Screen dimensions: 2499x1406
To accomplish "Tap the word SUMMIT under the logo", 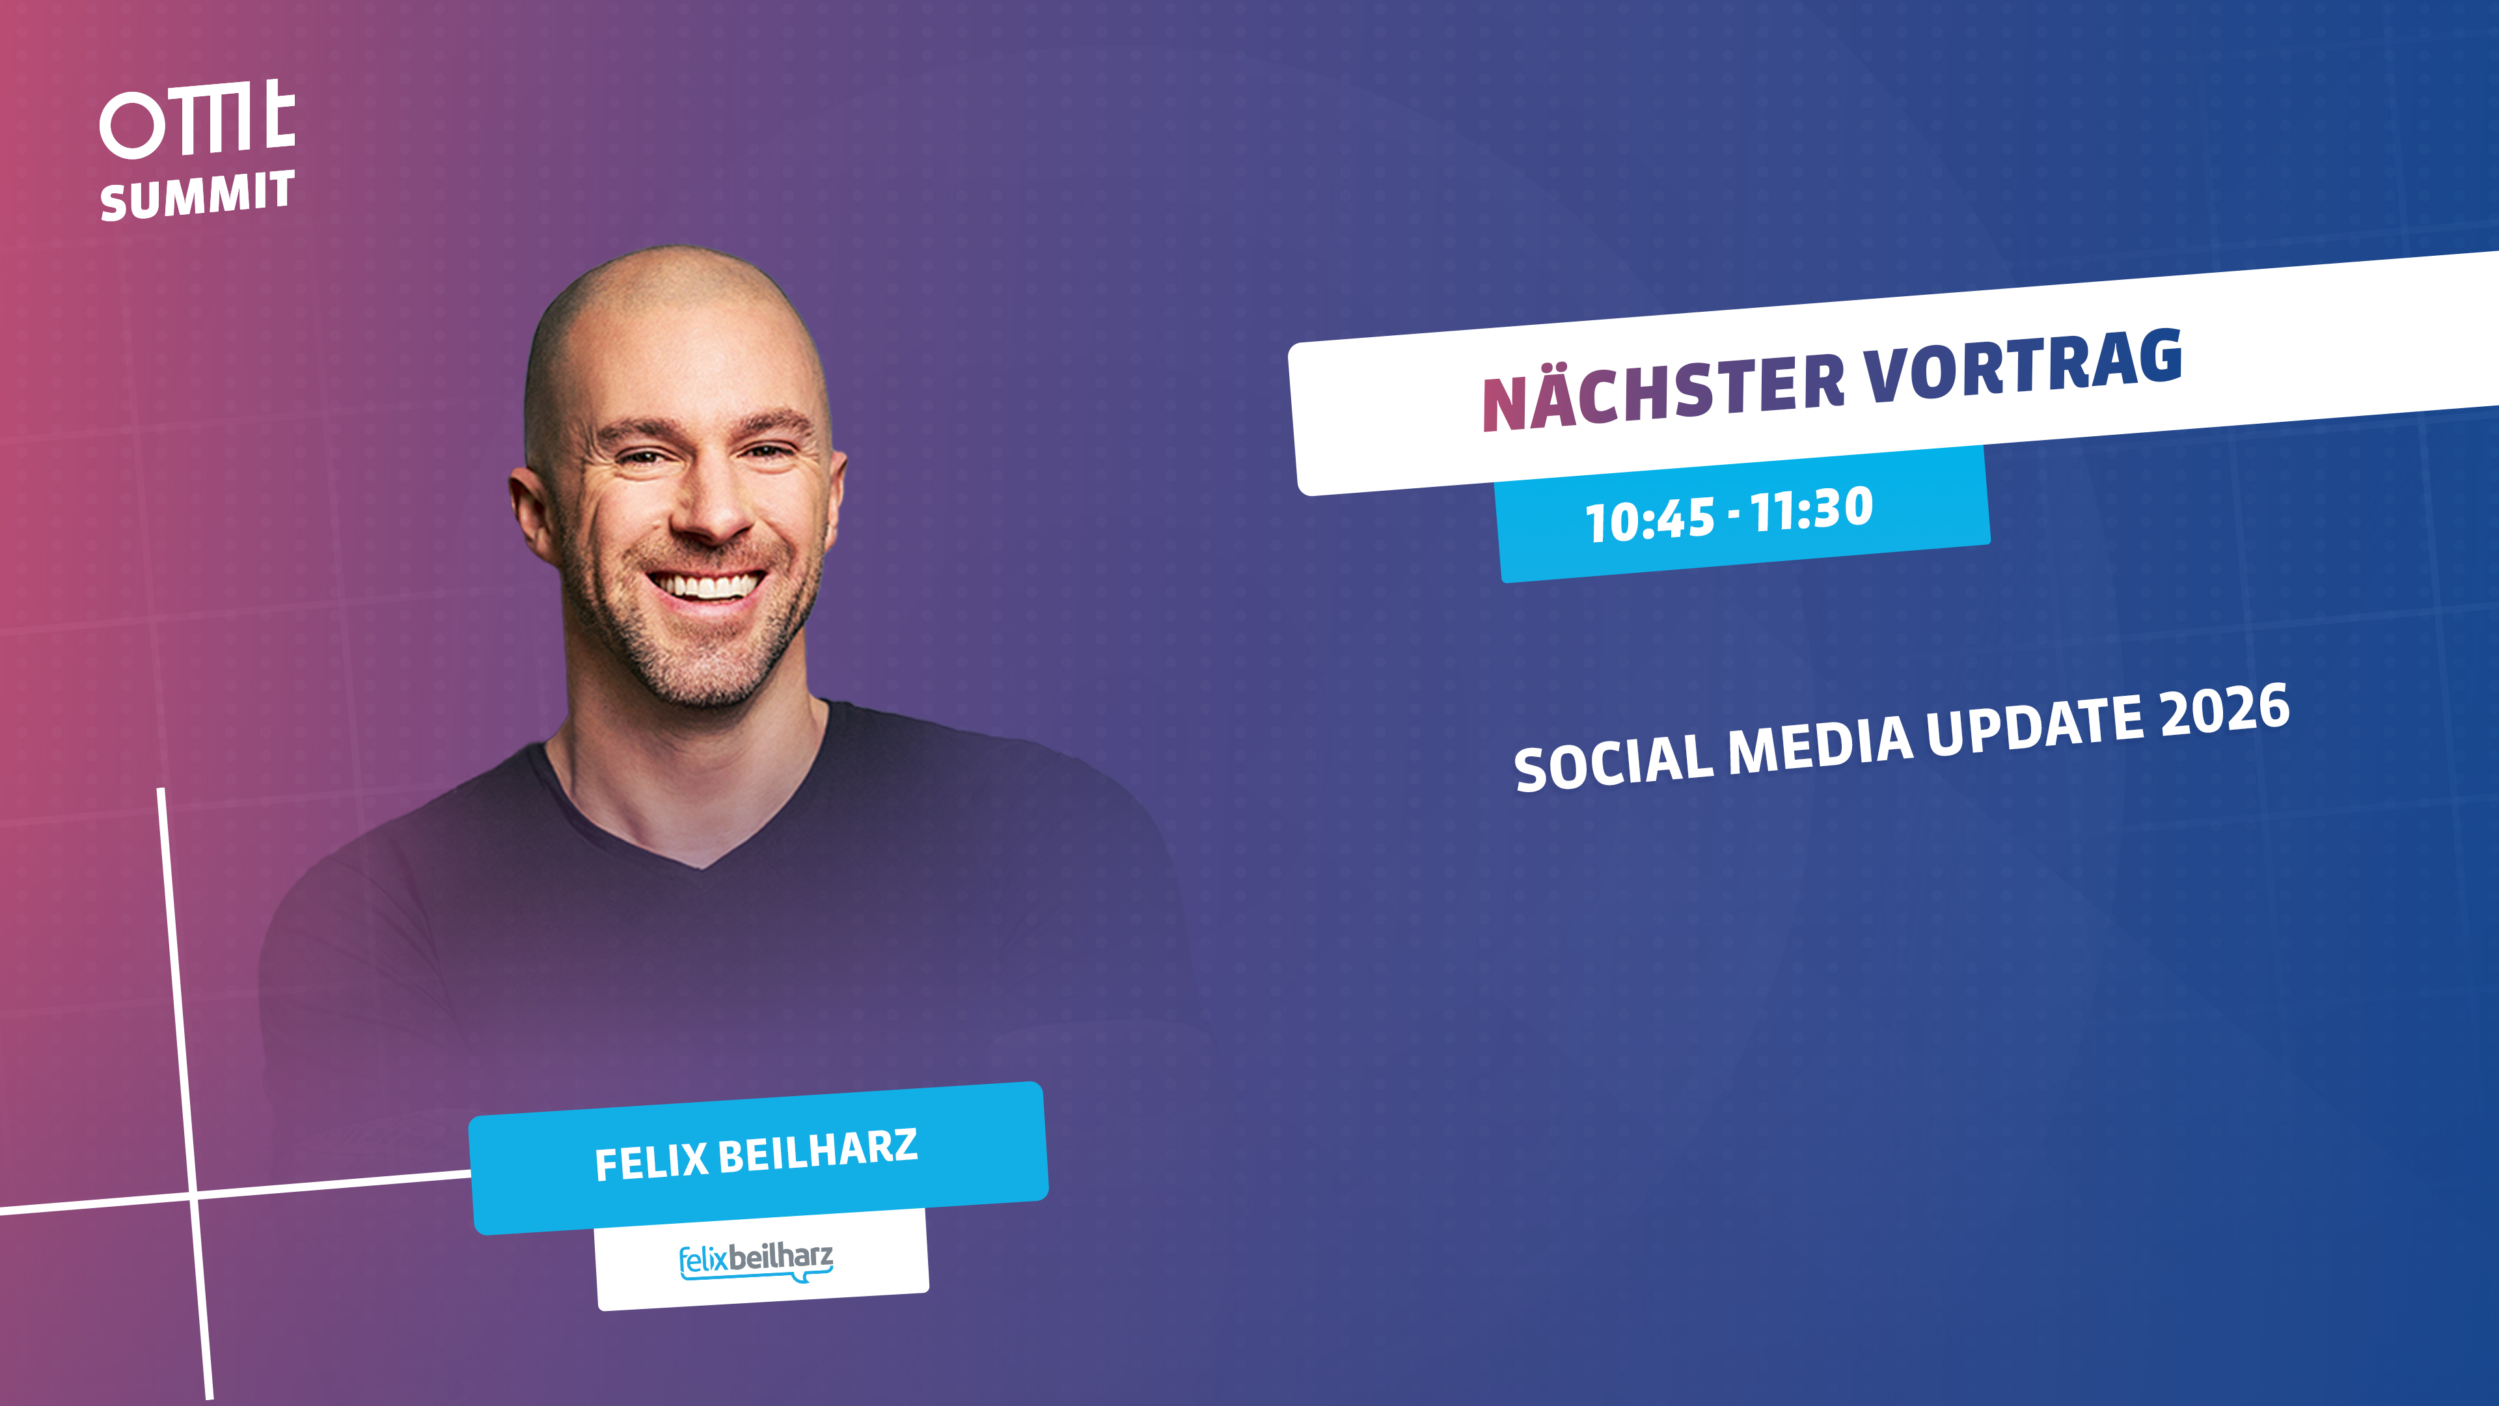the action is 197,195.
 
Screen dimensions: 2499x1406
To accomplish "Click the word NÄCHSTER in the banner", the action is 1663,389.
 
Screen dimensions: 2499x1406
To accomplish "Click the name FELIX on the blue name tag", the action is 651,1161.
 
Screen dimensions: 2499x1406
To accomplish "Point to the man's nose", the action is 713,504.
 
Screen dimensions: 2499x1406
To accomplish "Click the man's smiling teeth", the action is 707,585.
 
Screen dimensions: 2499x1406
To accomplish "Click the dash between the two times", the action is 1734,516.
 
